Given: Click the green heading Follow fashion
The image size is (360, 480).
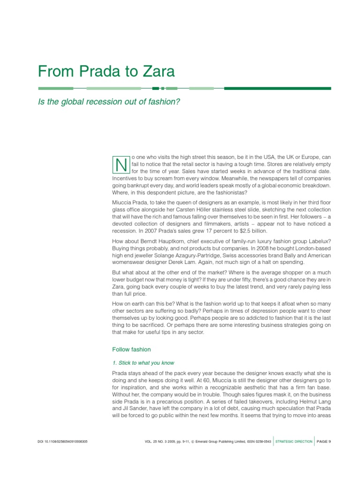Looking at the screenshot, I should (x=131, y=349).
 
